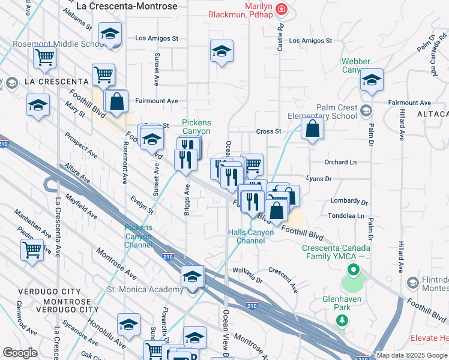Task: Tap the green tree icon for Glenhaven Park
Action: pos(343,321)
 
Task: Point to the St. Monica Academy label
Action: pos(145,290)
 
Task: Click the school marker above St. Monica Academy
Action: pos(192,278)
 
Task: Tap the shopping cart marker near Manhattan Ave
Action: pos(32,250)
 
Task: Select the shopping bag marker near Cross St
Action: pos(313,128)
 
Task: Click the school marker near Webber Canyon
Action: pos(372,80)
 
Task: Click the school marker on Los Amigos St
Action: pos(221,52)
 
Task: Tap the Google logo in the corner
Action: pos(20,353)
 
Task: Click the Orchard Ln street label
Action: pos(340,163)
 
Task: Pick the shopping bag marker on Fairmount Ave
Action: pos(117,102)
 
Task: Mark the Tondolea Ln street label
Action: pos(346,215)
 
